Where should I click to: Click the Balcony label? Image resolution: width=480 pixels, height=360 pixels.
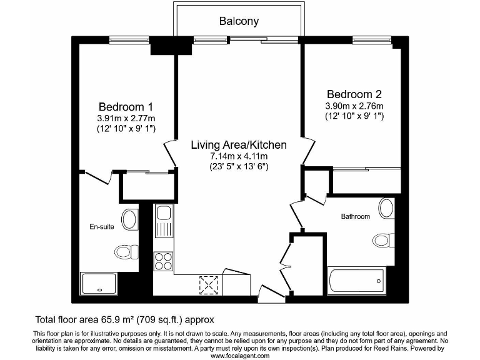(239, 21)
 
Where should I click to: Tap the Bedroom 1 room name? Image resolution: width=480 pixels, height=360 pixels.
(126, 107)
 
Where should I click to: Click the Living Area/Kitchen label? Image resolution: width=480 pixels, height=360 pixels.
(239, 145)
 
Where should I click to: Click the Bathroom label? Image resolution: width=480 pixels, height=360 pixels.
(355, 216)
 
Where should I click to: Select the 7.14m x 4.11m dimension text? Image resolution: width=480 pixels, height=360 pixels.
(239, 156)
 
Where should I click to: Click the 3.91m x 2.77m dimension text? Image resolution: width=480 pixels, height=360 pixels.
(126, 117)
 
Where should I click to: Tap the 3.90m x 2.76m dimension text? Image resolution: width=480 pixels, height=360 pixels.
(354, 106)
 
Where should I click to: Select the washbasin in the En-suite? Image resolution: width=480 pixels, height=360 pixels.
(130, 219)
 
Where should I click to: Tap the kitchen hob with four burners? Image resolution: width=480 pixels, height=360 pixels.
(164, 261)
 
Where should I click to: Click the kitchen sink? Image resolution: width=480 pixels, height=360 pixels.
(164, 222)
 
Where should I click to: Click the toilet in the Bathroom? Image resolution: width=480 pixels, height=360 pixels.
(382, 239)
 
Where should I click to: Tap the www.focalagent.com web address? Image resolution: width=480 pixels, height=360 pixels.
(239, 356)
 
